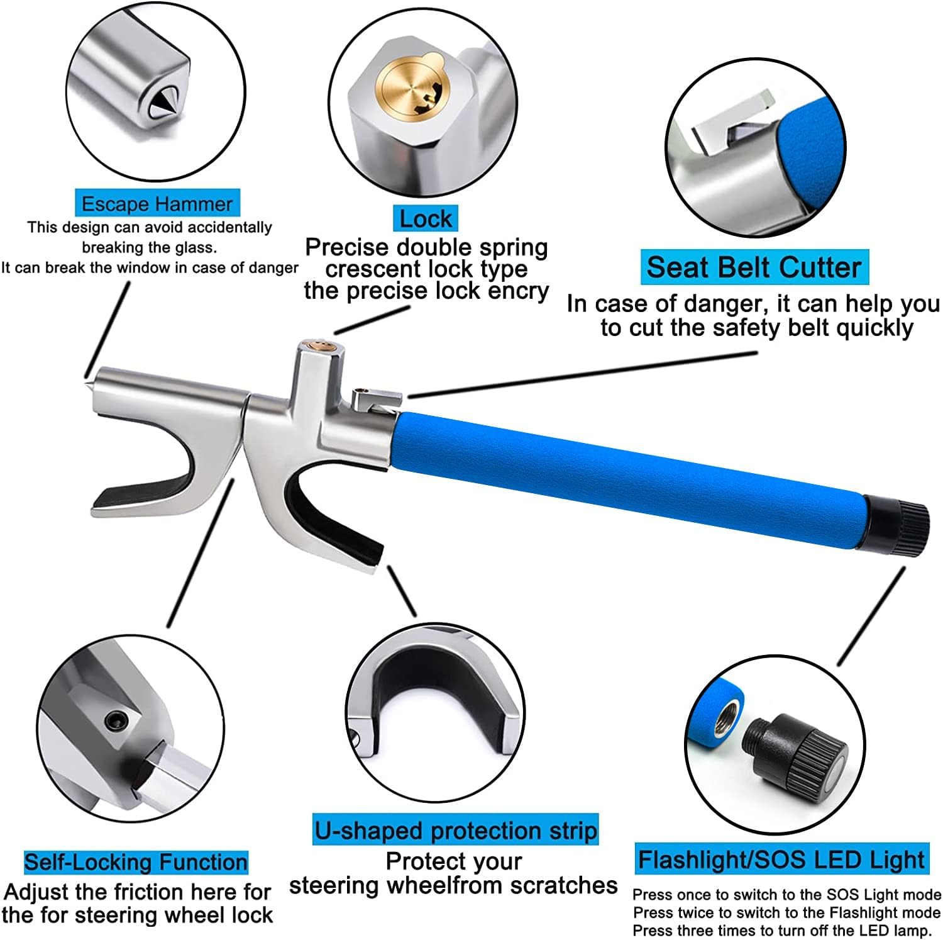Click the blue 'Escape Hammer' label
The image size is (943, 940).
(157, 204)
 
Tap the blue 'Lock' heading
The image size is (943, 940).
(426, 219)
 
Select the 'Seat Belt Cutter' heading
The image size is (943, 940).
(754, 267)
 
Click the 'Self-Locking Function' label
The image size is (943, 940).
(136, 862)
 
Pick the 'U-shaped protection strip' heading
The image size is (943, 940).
(456, 831)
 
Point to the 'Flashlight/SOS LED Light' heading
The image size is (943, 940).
(781, 860)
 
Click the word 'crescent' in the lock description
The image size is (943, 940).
(372, 269)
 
